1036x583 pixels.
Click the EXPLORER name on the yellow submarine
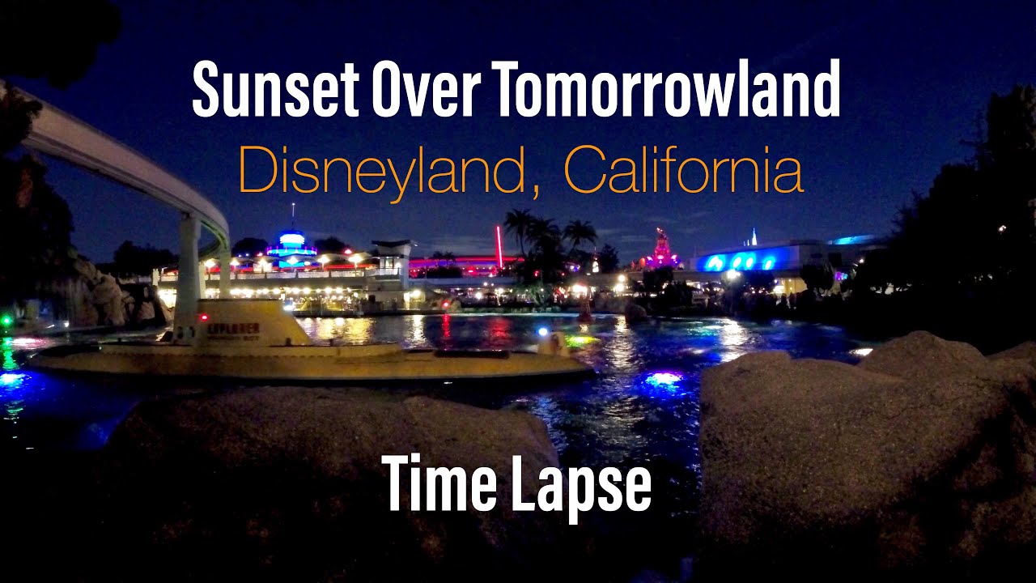point(233,329)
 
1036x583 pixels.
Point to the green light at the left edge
point(6,321)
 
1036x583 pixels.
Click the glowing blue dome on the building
point(291,240)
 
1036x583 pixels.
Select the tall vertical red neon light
point(499,246)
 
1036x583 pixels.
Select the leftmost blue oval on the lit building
point(715,262)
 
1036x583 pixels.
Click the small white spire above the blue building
point(754,236)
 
